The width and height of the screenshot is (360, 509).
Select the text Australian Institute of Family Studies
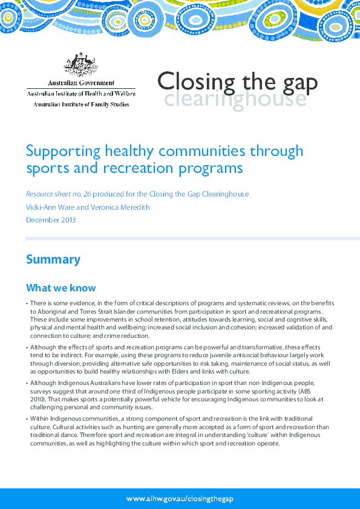click(81, 104)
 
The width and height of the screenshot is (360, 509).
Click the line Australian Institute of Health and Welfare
click(81, 94)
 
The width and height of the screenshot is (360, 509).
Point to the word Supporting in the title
click(60, 150)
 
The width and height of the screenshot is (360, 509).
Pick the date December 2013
click(51, 220)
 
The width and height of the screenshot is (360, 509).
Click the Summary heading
click(53, 259)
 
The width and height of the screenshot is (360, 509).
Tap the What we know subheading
click(61, 288)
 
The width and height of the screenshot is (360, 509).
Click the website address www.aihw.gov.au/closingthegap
click(180, 499)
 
